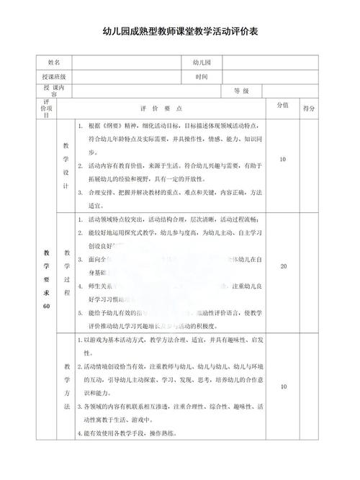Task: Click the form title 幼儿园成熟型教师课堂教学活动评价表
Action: [180, 32]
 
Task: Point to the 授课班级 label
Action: [55, 77]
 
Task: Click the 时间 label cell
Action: [201, 77]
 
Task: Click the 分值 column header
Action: [283, 105]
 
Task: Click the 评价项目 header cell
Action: [47, 107]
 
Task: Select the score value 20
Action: [283, 266]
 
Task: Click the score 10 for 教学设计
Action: [283, 159]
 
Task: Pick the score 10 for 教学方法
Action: [283, 387]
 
